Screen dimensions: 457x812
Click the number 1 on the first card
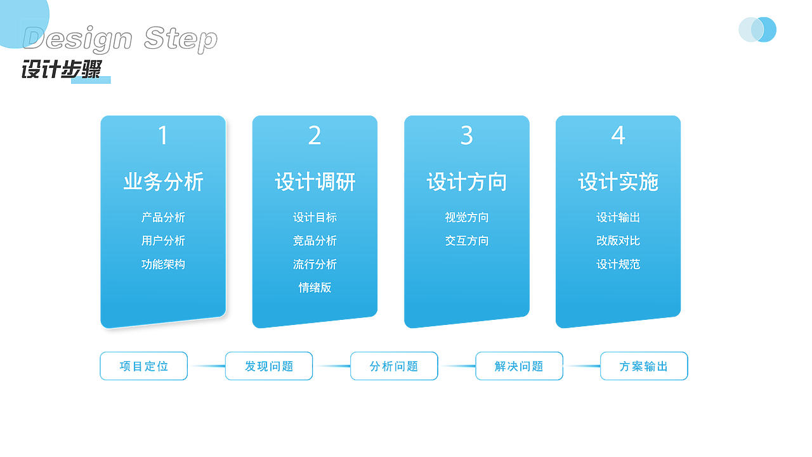pos(163,136)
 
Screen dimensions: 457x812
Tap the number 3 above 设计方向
pos(466,136)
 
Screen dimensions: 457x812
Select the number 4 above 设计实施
pos(618,136)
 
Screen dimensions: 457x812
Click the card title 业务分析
pos(163,182)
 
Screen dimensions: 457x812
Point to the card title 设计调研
pos(315,182)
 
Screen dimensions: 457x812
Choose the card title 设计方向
pos(466,182)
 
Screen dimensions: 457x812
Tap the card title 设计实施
pos(618,182)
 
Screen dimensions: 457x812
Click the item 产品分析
pos(163,217)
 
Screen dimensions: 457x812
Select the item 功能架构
pos(163,264)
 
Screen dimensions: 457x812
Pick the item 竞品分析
pos(315,241)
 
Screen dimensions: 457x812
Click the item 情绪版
pos(315,288)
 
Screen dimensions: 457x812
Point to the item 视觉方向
pos(466,217)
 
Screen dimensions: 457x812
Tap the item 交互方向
pos(466,241)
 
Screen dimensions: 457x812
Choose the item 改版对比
pos(618,241)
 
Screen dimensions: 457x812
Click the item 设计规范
pos(618,264)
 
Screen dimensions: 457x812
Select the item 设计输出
pos(618,217)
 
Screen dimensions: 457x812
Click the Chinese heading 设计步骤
pos(61,69)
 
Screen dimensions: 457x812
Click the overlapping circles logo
pos(757,30)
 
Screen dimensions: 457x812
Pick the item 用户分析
pos(163,241)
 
